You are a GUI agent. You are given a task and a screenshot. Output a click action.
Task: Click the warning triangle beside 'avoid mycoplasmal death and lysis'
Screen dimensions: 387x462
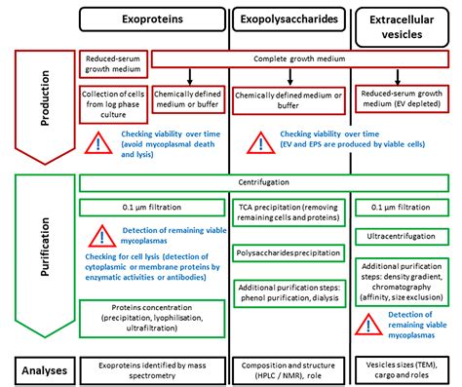click(99, 140)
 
